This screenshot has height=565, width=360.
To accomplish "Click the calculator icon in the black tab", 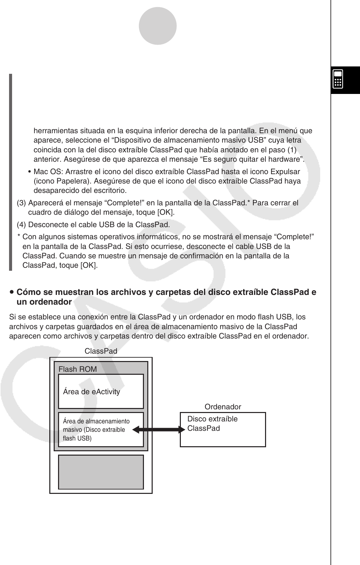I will pos(338,79).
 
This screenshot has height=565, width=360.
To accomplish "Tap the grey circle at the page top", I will pos(157,26).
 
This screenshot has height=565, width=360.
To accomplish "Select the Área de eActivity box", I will pos(101,391).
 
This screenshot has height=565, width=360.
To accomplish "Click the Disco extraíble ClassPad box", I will pos(223,429).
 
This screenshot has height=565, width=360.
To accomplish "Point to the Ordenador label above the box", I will pos(223,407).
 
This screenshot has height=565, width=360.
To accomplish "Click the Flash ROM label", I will pos(78,369).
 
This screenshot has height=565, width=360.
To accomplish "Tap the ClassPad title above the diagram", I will pos(101,351).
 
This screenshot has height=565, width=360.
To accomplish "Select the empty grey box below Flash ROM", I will pos(101,472).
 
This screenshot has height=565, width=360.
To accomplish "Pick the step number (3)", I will pos(21,203).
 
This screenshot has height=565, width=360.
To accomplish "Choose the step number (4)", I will pos(21,224).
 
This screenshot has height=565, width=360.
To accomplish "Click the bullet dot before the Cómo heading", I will pos(12,292).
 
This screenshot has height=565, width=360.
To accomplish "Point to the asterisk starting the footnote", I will pos(19,237).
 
